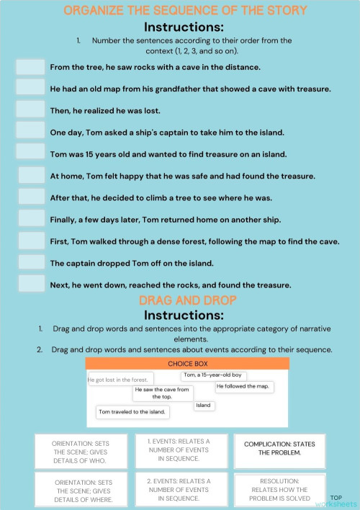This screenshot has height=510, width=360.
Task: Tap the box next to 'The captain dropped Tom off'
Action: (x=32, y=262)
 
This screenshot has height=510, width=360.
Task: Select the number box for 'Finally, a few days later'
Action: (x=32, y=218)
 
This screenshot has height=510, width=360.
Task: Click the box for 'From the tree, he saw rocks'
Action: (x=30, y=66)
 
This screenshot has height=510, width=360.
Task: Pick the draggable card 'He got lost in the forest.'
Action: (x=117, y=379)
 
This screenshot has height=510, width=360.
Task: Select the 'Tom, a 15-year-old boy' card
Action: (x=213, y=375)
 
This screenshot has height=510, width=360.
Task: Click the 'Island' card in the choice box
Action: (x=204, y=406)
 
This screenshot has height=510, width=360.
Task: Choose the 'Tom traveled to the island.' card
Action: (x=132, y=412)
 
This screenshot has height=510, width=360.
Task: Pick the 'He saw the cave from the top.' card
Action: (x=162, y=393)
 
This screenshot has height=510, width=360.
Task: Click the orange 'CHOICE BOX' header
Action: (x=187, y=364)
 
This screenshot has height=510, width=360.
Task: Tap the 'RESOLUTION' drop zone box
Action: (x=283, y=490)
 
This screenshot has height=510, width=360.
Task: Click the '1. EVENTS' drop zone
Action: (x=181, y=449)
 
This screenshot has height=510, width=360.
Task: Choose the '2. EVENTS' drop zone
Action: (x=181, y=490)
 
